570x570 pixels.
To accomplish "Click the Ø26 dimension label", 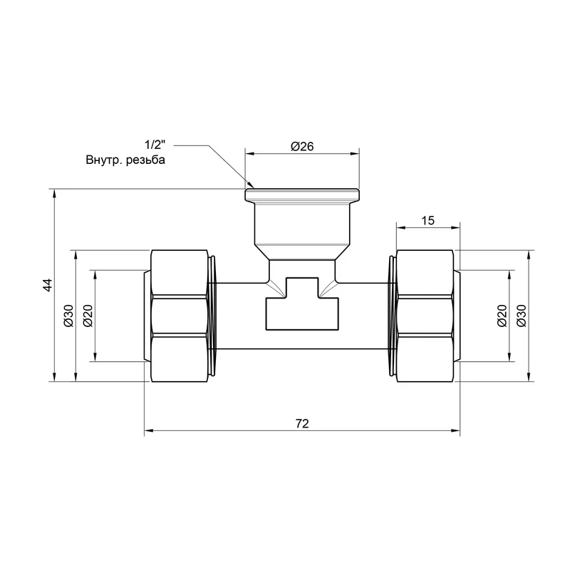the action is pos(301,146).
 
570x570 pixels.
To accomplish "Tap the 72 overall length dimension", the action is pos(302,423).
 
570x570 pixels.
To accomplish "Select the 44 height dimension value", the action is pos(47,285).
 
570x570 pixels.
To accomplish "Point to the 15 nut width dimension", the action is pos(428,220).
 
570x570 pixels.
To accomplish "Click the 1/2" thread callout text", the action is pos(155,145).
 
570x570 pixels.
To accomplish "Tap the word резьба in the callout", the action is pos(145,160).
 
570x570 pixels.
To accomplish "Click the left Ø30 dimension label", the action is pos(68,316).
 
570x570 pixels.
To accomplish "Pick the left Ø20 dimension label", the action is pos(88,316).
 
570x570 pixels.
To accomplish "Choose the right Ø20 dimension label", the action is pos(502,316).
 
